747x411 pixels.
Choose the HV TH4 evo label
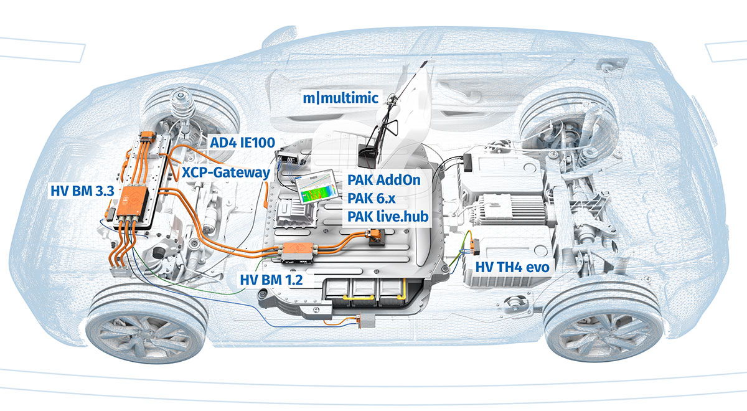[514, 267]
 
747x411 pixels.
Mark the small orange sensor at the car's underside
[360, 321]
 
